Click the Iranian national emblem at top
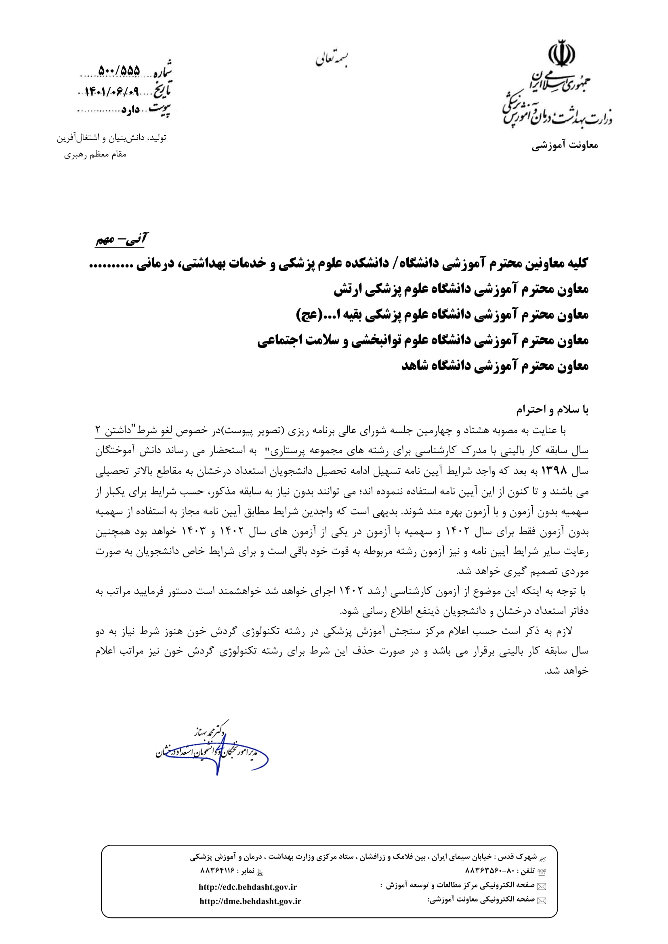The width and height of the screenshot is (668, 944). [561, 53]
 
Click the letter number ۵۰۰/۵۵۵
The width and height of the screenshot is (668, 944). [119, 71]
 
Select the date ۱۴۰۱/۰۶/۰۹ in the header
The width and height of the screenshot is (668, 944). [112, 91]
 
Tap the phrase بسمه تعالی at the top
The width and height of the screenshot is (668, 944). [332, 60]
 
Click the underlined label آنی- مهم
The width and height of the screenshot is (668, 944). [121, 240]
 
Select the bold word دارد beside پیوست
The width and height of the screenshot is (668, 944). [131, 110]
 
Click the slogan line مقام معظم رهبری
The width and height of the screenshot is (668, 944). [95, 155]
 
